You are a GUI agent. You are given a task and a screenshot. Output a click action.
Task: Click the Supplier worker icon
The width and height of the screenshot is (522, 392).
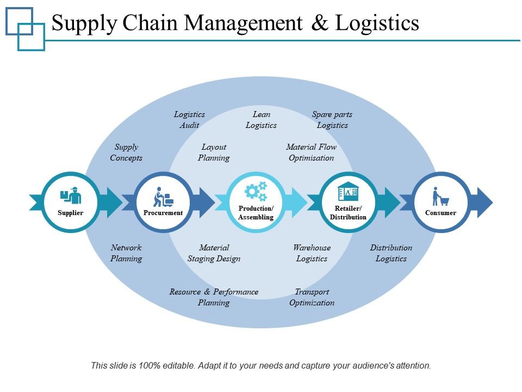71,196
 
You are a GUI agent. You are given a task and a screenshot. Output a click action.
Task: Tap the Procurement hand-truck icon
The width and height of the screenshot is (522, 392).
163,197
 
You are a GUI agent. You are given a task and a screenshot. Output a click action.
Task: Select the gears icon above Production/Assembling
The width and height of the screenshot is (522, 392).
256,192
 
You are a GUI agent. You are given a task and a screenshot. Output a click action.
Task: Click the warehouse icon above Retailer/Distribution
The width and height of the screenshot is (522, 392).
348,192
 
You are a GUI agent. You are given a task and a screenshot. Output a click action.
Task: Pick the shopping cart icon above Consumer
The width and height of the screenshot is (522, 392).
440,197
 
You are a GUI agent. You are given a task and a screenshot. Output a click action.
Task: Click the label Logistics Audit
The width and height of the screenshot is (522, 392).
189,120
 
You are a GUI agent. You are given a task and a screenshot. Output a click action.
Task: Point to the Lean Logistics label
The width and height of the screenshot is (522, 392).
261,120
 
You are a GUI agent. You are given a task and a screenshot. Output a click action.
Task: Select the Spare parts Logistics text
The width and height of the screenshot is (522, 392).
332,120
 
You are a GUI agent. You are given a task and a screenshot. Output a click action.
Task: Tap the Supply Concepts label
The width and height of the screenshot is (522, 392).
126,152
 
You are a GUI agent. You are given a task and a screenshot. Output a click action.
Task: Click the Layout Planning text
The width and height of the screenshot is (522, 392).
214,152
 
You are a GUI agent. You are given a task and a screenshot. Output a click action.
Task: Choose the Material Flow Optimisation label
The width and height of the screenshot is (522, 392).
311,152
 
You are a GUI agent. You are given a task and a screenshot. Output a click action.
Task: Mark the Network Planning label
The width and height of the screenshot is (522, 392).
126,253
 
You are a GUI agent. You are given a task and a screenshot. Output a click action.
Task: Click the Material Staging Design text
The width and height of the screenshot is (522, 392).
214,253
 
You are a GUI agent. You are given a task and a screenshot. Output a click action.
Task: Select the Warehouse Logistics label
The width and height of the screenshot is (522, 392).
312,253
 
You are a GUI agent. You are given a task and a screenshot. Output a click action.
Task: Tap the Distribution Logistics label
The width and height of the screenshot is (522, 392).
391,253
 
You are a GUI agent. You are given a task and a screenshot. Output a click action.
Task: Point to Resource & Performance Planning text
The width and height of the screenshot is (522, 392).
214,297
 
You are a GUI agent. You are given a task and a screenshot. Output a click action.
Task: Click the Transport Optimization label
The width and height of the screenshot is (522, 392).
312,297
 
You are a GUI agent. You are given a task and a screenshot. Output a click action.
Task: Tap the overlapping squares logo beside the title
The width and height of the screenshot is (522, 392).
25,29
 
